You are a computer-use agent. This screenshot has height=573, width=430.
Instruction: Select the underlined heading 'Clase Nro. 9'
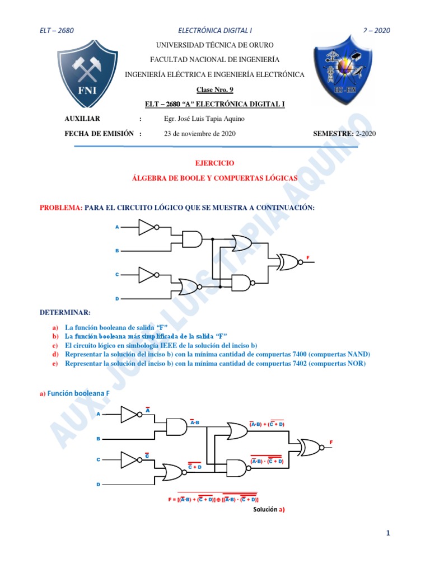[214, 90]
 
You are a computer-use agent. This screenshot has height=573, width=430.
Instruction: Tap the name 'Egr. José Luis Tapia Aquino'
[204, 119]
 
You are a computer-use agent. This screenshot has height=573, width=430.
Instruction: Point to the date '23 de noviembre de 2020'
[199, 134]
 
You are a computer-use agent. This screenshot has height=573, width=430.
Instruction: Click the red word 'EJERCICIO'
[214, 163]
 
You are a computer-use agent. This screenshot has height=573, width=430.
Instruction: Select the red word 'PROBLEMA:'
[61, 208]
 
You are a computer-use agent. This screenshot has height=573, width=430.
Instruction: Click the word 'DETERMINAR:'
[65, 311]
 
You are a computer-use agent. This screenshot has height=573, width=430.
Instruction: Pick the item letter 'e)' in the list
[55, 364]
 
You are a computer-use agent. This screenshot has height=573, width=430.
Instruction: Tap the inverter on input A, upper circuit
[147, 227]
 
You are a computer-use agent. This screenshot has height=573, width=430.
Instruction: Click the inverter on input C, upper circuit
[147, 274]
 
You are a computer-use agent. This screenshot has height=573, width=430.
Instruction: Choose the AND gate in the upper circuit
[191, 239]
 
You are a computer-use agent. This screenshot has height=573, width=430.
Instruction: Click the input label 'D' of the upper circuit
[117, 299]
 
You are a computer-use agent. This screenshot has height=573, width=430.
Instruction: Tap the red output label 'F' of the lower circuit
[331, 443]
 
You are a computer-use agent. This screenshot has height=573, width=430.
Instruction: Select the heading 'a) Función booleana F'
[75, 393]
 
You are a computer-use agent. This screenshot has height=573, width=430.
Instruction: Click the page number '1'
[387, 534]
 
